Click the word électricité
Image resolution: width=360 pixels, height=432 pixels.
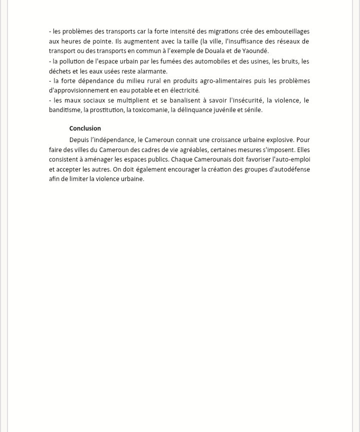point(182,90)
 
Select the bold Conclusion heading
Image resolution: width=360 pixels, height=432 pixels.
point(85,128)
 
